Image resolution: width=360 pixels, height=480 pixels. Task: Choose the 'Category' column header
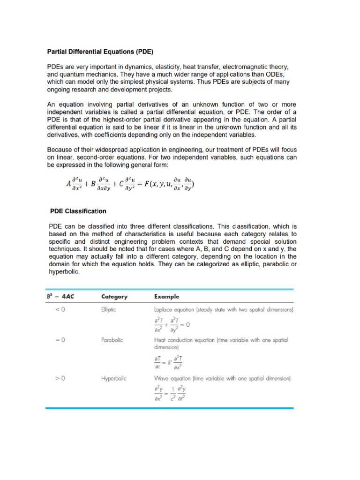point(115,297)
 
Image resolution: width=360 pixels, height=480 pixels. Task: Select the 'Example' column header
point(166,297)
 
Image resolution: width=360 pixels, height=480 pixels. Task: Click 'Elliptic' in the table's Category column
point(109,310)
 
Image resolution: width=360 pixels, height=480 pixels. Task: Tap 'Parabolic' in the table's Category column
point(112,340)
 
